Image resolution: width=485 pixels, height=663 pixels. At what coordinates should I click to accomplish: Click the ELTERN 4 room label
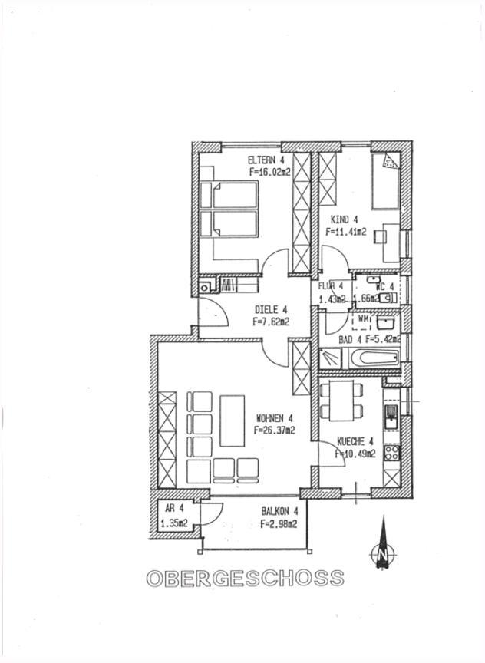point(266,160)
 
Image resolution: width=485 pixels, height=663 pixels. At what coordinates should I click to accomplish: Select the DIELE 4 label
point(270,310)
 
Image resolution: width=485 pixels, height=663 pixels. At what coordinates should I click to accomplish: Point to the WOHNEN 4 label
point(275,418)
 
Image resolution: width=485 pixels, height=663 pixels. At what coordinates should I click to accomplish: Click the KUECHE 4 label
point(355,441)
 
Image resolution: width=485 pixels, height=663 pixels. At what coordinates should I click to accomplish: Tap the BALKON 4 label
point(279,511)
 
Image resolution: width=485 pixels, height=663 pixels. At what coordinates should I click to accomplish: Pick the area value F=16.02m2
point(269,173)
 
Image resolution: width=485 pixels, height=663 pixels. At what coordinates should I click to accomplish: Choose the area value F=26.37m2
point(275,430)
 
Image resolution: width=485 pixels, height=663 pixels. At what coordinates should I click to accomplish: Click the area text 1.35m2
point(175,524)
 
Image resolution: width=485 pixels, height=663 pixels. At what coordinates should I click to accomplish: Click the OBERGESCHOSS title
point(245,578)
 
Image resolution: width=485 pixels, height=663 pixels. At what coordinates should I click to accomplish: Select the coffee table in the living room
point(231,419)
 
